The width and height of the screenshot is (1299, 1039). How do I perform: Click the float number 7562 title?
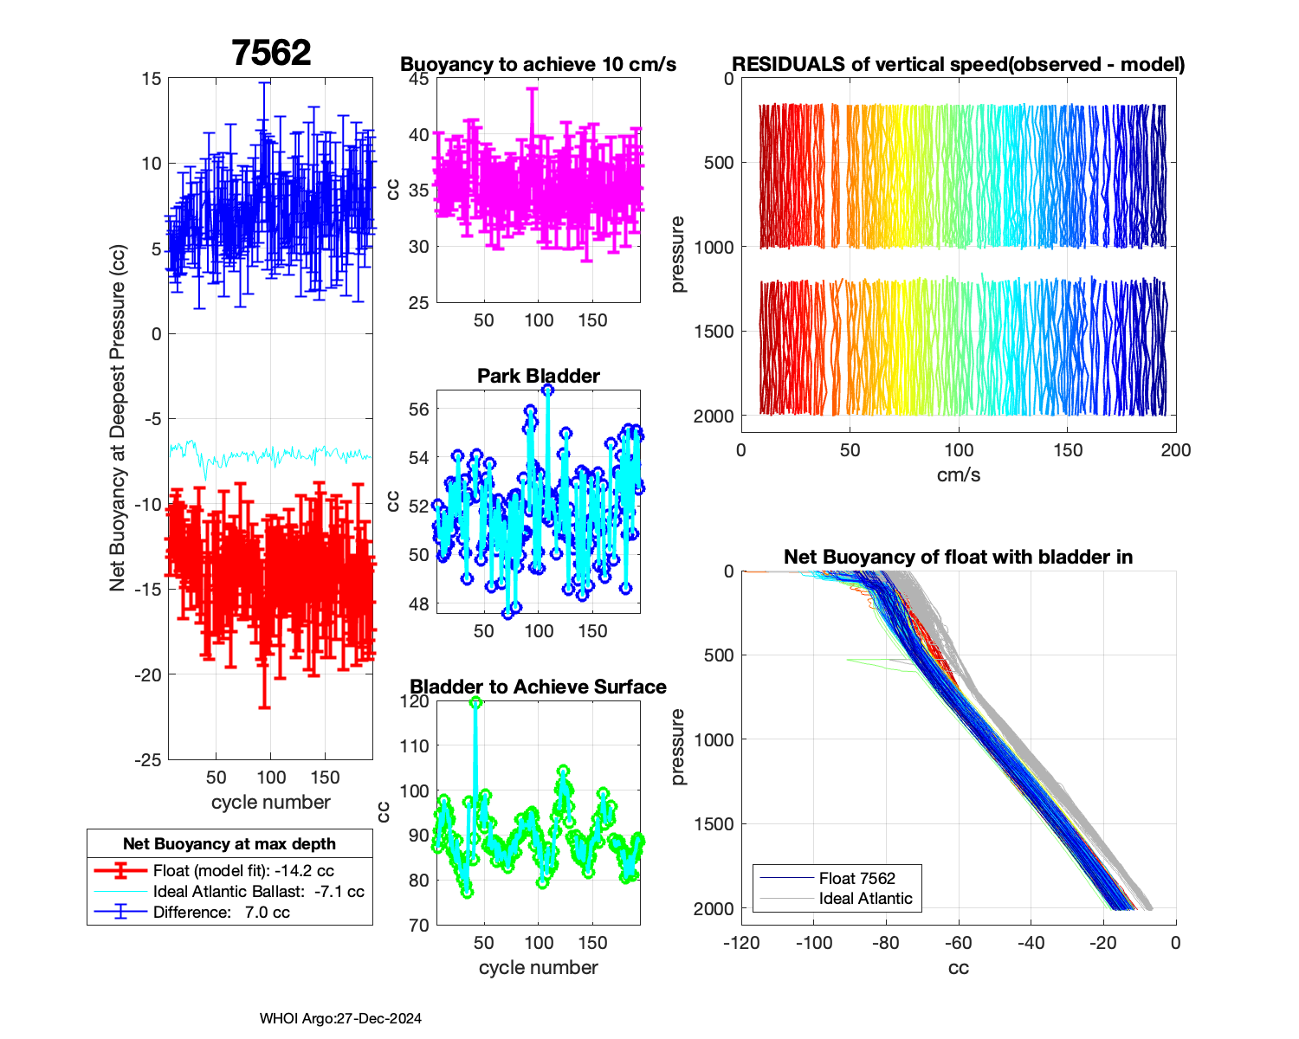click(271, 54)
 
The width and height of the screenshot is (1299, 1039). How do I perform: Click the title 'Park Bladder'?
click(539, 376)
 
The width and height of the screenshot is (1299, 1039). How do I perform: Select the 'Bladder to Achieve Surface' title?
click(539, 687)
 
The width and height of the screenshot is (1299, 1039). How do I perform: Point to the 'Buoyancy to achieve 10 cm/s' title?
click(539, 65)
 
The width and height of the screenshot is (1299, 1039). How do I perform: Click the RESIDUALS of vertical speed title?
click(959, 65)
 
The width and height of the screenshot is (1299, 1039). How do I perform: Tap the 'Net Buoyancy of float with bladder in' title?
click(959, 557)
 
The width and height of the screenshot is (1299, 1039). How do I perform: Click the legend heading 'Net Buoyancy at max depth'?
click(229, 844)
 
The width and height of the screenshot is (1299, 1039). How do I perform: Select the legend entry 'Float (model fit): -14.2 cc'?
click(243, 871)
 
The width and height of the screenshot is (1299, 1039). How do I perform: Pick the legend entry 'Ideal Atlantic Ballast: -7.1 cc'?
click(258, 892)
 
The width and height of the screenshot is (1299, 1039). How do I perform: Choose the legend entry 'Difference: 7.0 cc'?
click(221, 913)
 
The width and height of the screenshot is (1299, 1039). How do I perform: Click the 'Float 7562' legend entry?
click(856, 878)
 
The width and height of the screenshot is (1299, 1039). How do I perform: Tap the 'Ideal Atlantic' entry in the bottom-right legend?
click(865, 899)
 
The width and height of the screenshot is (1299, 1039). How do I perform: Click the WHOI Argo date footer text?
click(340, 1019)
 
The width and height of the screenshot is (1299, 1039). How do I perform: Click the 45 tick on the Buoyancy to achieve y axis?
click(419, 79)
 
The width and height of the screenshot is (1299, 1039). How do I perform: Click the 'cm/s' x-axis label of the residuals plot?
click(959, 475)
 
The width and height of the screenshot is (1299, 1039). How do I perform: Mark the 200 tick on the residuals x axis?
click(1176, 450)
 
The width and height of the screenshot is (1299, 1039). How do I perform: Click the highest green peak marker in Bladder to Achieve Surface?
click(475, 702)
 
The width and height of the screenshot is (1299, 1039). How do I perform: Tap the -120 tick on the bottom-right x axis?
click(741, 943)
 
